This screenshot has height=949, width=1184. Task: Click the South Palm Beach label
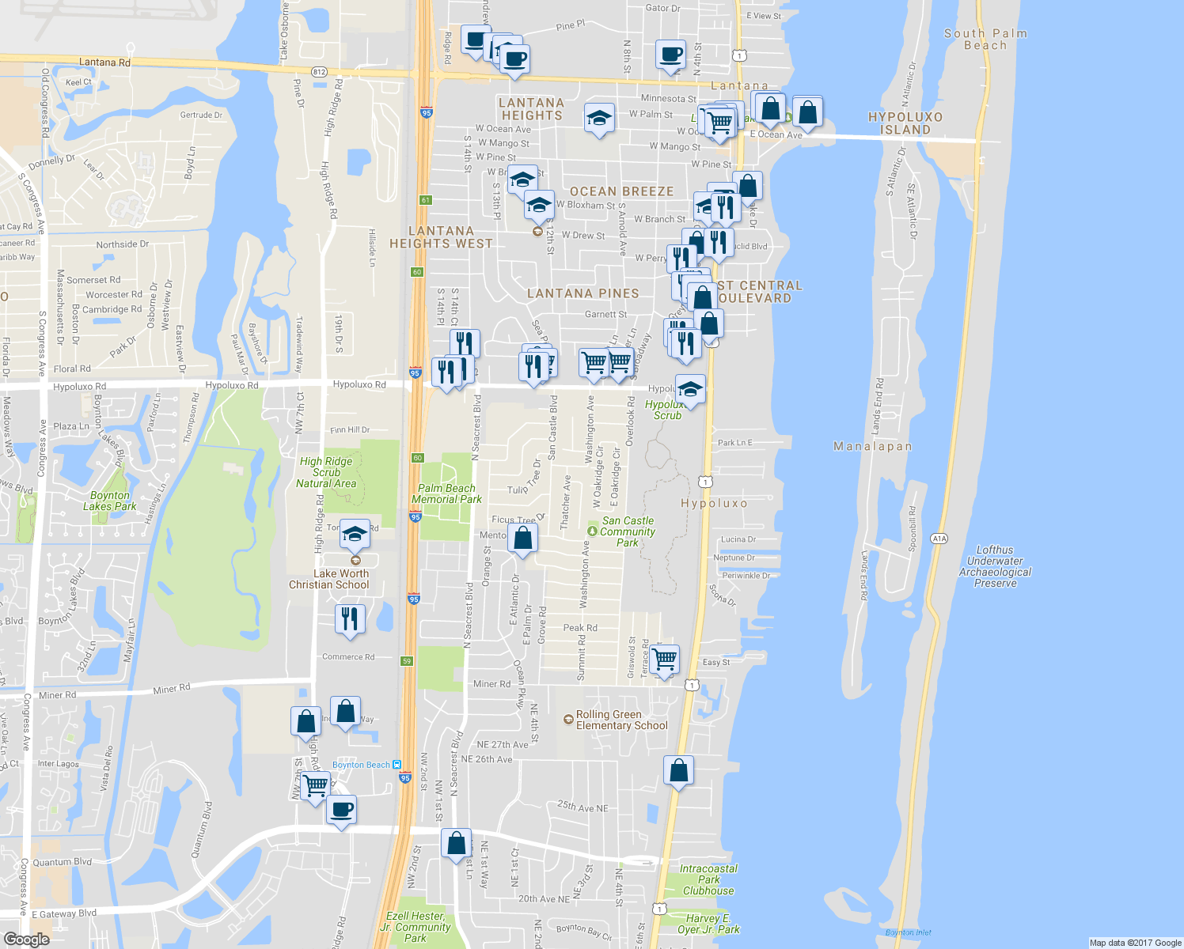tap(985, 40)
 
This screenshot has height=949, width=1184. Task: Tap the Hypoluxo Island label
tap(905, 123)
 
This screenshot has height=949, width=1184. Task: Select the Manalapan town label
tap(872, 447)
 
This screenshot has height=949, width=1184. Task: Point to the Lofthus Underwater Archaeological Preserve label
tap(995, 566)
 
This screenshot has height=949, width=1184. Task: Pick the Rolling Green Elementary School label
tap(621, 720)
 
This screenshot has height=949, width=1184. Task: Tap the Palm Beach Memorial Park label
tap(446, 493)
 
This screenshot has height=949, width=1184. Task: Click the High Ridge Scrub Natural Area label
tap(326, 472)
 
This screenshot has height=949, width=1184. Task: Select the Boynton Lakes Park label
tap(110, 501)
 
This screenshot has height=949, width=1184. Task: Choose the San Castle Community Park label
tap(628, 531)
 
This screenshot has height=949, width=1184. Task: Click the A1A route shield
tap(939, 539)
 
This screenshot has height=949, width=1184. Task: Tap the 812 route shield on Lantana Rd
tap(319, 72)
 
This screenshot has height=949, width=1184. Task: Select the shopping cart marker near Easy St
tap(665, 658)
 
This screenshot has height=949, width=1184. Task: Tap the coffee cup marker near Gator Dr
tap(670, 55)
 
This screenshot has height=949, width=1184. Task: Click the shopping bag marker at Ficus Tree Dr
tap(523, 539)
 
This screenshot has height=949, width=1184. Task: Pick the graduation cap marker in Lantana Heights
tap(599, 119)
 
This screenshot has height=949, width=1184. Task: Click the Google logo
tap(26, 940)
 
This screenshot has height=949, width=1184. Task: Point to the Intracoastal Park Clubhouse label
tap(708, 879)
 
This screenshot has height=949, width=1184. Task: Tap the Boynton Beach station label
tap(362, 765)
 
